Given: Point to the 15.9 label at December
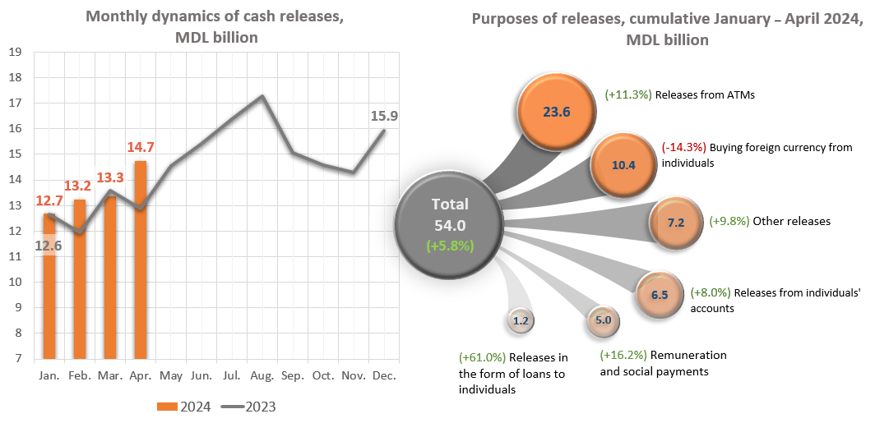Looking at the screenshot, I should pyautogui.click(x=383, y=117).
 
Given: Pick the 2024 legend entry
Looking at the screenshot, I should pyautogui.click(x=184, y=406).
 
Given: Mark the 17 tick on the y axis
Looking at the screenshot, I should pyautogui.click(x=15, y=103).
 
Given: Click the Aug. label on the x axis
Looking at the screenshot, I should pyautogui.click(x=262, y=375).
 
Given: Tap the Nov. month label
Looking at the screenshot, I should pyautogui.click(x=353, y=375).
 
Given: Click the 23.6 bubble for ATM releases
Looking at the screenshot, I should pyautogui.click(x=555, y=112).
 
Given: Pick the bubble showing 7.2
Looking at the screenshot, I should pyautogui.click(x=674, y=222).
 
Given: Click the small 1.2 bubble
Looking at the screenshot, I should pyautogui.click(x=520, y=321).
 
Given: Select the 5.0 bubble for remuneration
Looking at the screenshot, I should pyautogui.click(x=603, y=321).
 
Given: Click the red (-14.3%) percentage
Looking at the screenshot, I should pyautogui.click(x=683, y=148).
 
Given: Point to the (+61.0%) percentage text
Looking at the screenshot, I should pyautogui.click(x=482, y=357).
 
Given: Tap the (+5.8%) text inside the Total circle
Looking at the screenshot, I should pyautogui.click(x=448, y=245).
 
